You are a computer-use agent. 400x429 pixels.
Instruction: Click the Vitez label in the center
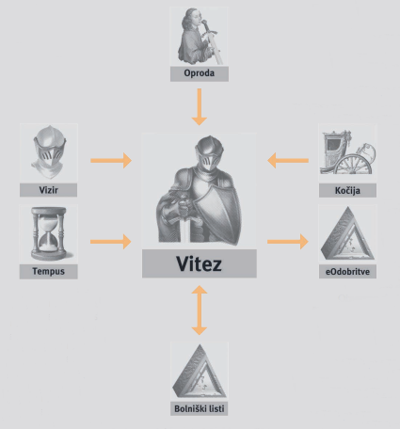[199, 263]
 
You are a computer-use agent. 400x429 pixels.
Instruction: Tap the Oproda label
[200, 73]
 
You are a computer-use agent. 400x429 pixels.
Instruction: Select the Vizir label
[48, 190]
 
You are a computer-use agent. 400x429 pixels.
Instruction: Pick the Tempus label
[48, 271]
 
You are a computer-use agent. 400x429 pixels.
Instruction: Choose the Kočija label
[347, 191]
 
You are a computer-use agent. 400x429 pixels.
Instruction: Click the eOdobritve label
[347, 272]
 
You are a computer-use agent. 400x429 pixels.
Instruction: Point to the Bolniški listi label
[200, 409]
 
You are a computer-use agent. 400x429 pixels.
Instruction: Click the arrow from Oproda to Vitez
[200, 107]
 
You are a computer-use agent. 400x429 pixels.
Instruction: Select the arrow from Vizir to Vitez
[111, 161]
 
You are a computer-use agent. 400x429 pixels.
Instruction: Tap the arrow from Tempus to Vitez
[111, 242]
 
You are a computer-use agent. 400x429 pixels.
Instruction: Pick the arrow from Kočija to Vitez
[288, 161]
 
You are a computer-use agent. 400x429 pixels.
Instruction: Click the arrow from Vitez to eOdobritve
[288, 242]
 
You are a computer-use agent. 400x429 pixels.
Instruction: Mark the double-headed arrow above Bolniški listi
[200, 310]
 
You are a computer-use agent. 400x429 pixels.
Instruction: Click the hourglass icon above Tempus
[49, 233]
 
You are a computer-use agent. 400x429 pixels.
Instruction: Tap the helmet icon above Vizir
[49, 152]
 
